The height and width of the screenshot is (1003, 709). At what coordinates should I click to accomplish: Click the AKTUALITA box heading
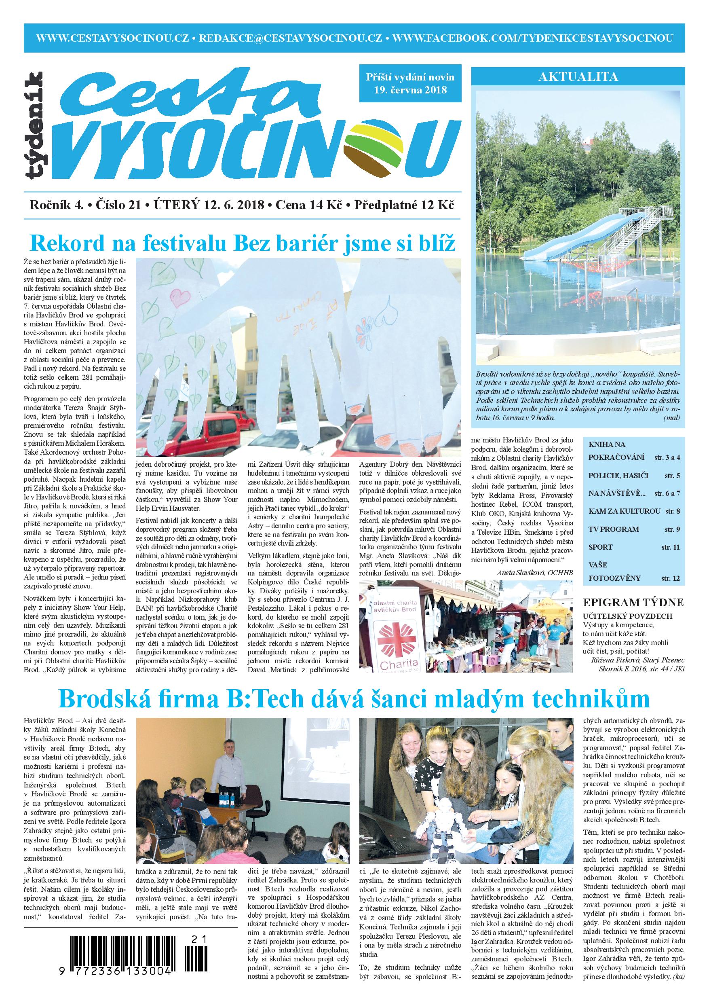click(x=578, y=77)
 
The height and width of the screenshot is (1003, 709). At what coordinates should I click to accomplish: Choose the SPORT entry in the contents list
click(x=601, y=547)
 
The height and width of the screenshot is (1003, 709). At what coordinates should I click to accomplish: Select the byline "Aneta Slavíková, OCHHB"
click(x=534, y=573)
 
